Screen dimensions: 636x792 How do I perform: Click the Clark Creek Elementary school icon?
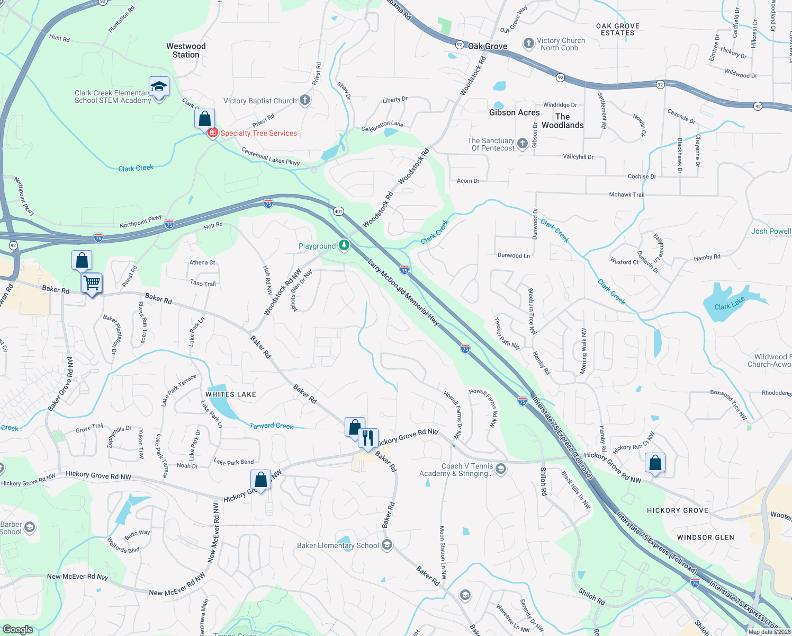[x=159, y=87]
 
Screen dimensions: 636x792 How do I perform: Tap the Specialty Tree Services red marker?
[x=212, y=132]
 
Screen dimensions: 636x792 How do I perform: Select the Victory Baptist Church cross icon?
[x=304, y=100]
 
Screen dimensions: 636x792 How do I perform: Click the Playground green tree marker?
[x=344, y=245]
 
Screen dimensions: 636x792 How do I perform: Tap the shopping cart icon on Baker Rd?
[x=92, y=283]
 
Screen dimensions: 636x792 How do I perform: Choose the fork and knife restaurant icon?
[x=368, y=438]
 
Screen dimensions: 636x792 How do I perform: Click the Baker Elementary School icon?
[x=387, y=545]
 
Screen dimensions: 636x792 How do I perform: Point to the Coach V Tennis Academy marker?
[x=501, y=469]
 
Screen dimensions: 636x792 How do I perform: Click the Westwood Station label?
[x=186, y=50]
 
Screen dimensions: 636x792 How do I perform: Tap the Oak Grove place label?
[x=488, y=46]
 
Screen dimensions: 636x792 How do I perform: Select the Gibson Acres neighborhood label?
[x=514, y=112]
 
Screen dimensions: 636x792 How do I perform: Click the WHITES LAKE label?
[x=231, y=394]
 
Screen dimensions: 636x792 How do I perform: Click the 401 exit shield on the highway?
[x=338, y=211]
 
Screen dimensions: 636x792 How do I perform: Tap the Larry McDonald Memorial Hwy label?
[x=403, y=292]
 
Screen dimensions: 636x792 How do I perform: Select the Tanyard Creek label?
[x=271, y=426]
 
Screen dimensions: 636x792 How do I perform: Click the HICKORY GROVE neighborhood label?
[x=677, y=510]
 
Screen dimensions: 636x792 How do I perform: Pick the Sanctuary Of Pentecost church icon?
[x=523, y=144]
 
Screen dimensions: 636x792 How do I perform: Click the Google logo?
[x=18, y=629]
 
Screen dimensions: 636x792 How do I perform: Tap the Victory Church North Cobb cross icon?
[x=528, y=43]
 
